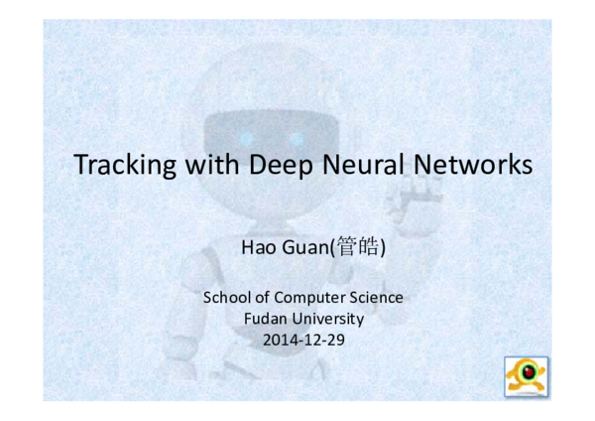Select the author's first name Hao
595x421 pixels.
pyautogui.click(x=257, y=245)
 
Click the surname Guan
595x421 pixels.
pyautogui.click(x=304, y=245)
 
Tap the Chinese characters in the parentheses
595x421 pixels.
pyautogui.click(x=356, y=245)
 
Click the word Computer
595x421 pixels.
pyautogui.click(x=303, y=298)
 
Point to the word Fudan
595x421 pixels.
pyautogui.click(x=265, y=319)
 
